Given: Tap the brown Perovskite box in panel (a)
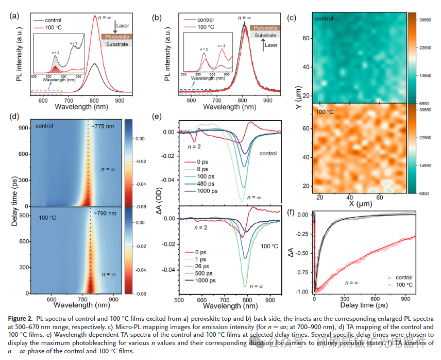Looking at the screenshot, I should (x=117, y=37).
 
